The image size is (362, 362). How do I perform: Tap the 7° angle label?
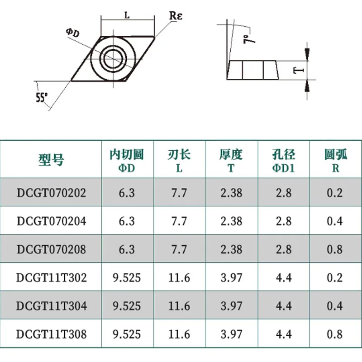point(248,38)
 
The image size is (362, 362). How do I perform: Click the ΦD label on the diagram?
point(72,32)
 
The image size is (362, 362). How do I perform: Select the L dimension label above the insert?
point(127,15)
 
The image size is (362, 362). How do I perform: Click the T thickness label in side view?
point(297,70)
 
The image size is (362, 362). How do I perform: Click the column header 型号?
point(51,160)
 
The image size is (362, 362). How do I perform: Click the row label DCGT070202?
point(51,193)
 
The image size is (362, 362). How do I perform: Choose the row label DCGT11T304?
point(51,306)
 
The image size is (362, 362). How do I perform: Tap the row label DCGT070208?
point(51,249)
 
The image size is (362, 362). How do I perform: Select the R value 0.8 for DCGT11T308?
point(336,334)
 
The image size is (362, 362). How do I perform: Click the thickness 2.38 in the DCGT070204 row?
point(231,221)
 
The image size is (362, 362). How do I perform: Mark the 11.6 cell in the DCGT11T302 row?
point(179,278)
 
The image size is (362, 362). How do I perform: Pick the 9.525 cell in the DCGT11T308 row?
point(127,334)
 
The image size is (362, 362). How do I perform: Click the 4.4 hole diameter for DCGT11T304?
point(284,306)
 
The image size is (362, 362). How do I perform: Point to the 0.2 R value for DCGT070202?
point(336,193)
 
